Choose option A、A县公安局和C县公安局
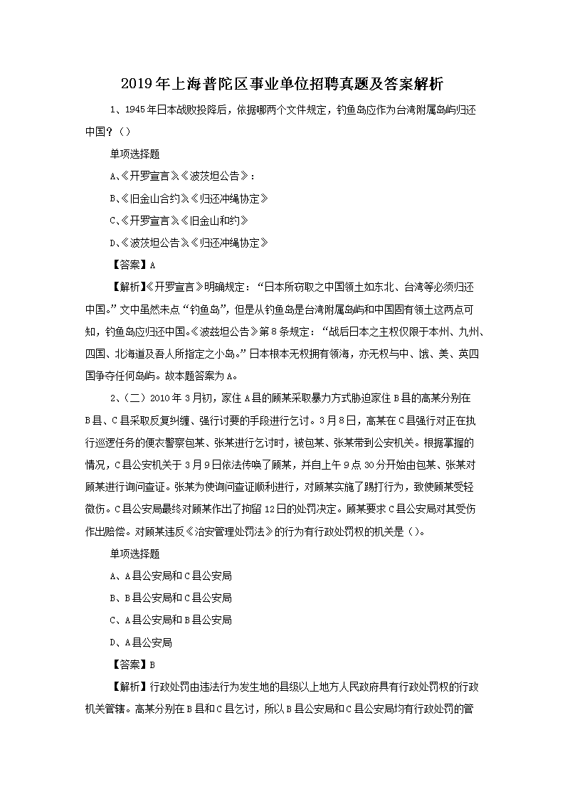(x=171, y=575)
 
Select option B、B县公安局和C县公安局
(x=171, y=597)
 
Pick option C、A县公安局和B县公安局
(x=171, y=620)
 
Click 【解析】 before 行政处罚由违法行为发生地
(x=125, y=687)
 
